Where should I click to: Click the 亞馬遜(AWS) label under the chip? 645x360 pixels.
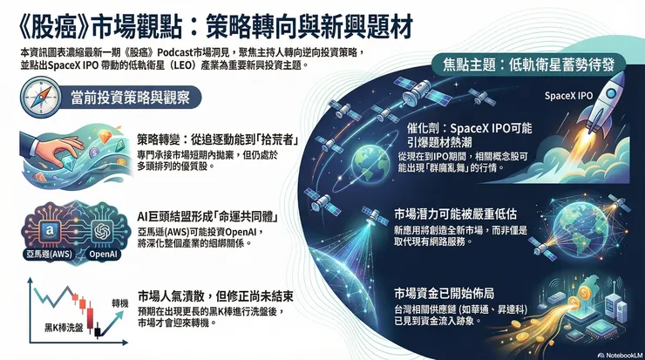(x=50, y=254)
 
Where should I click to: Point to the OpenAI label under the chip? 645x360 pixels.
(x=103, y=254)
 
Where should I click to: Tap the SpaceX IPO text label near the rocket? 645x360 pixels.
(x=572, y=96)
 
